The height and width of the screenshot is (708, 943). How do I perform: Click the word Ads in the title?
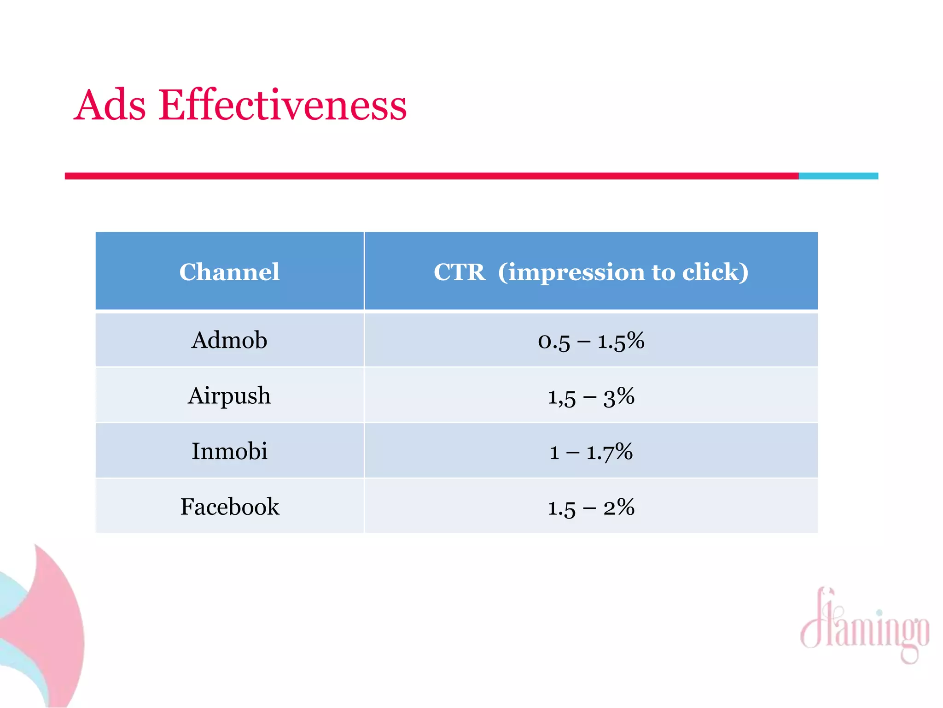point(110,106)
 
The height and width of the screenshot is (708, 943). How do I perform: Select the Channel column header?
point(229,271)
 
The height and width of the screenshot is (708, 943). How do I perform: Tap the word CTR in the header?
point(459,272)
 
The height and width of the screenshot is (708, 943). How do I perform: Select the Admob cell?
point(229,340)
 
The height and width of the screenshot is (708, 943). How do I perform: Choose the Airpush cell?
point(229,395)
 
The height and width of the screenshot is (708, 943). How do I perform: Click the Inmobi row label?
point(229,451)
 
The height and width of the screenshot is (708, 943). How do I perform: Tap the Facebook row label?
point(229,507)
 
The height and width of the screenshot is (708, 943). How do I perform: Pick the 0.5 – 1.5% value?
point(591,341)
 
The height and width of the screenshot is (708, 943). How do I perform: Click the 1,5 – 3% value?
point(591,396)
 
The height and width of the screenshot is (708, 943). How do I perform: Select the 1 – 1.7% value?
point(591,452)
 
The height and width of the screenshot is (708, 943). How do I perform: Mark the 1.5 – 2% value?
point(591,507)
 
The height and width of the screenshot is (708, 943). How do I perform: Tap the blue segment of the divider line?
point(838,176)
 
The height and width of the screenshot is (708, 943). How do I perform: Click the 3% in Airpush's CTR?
point(619,396)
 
